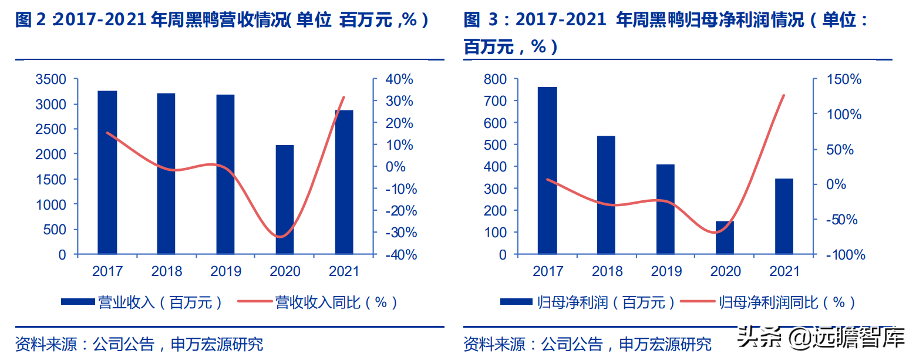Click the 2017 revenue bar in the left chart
107,173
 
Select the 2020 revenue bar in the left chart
285,200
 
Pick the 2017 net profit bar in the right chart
547,170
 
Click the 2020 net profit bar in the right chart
725,238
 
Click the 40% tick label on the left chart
400,79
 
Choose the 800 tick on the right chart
494,79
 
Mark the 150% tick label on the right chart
844,79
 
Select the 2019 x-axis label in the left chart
226,271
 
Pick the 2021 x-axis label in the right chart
784,271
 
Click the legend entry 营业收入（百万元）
142,302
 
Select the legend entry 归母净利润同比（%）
769,302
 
